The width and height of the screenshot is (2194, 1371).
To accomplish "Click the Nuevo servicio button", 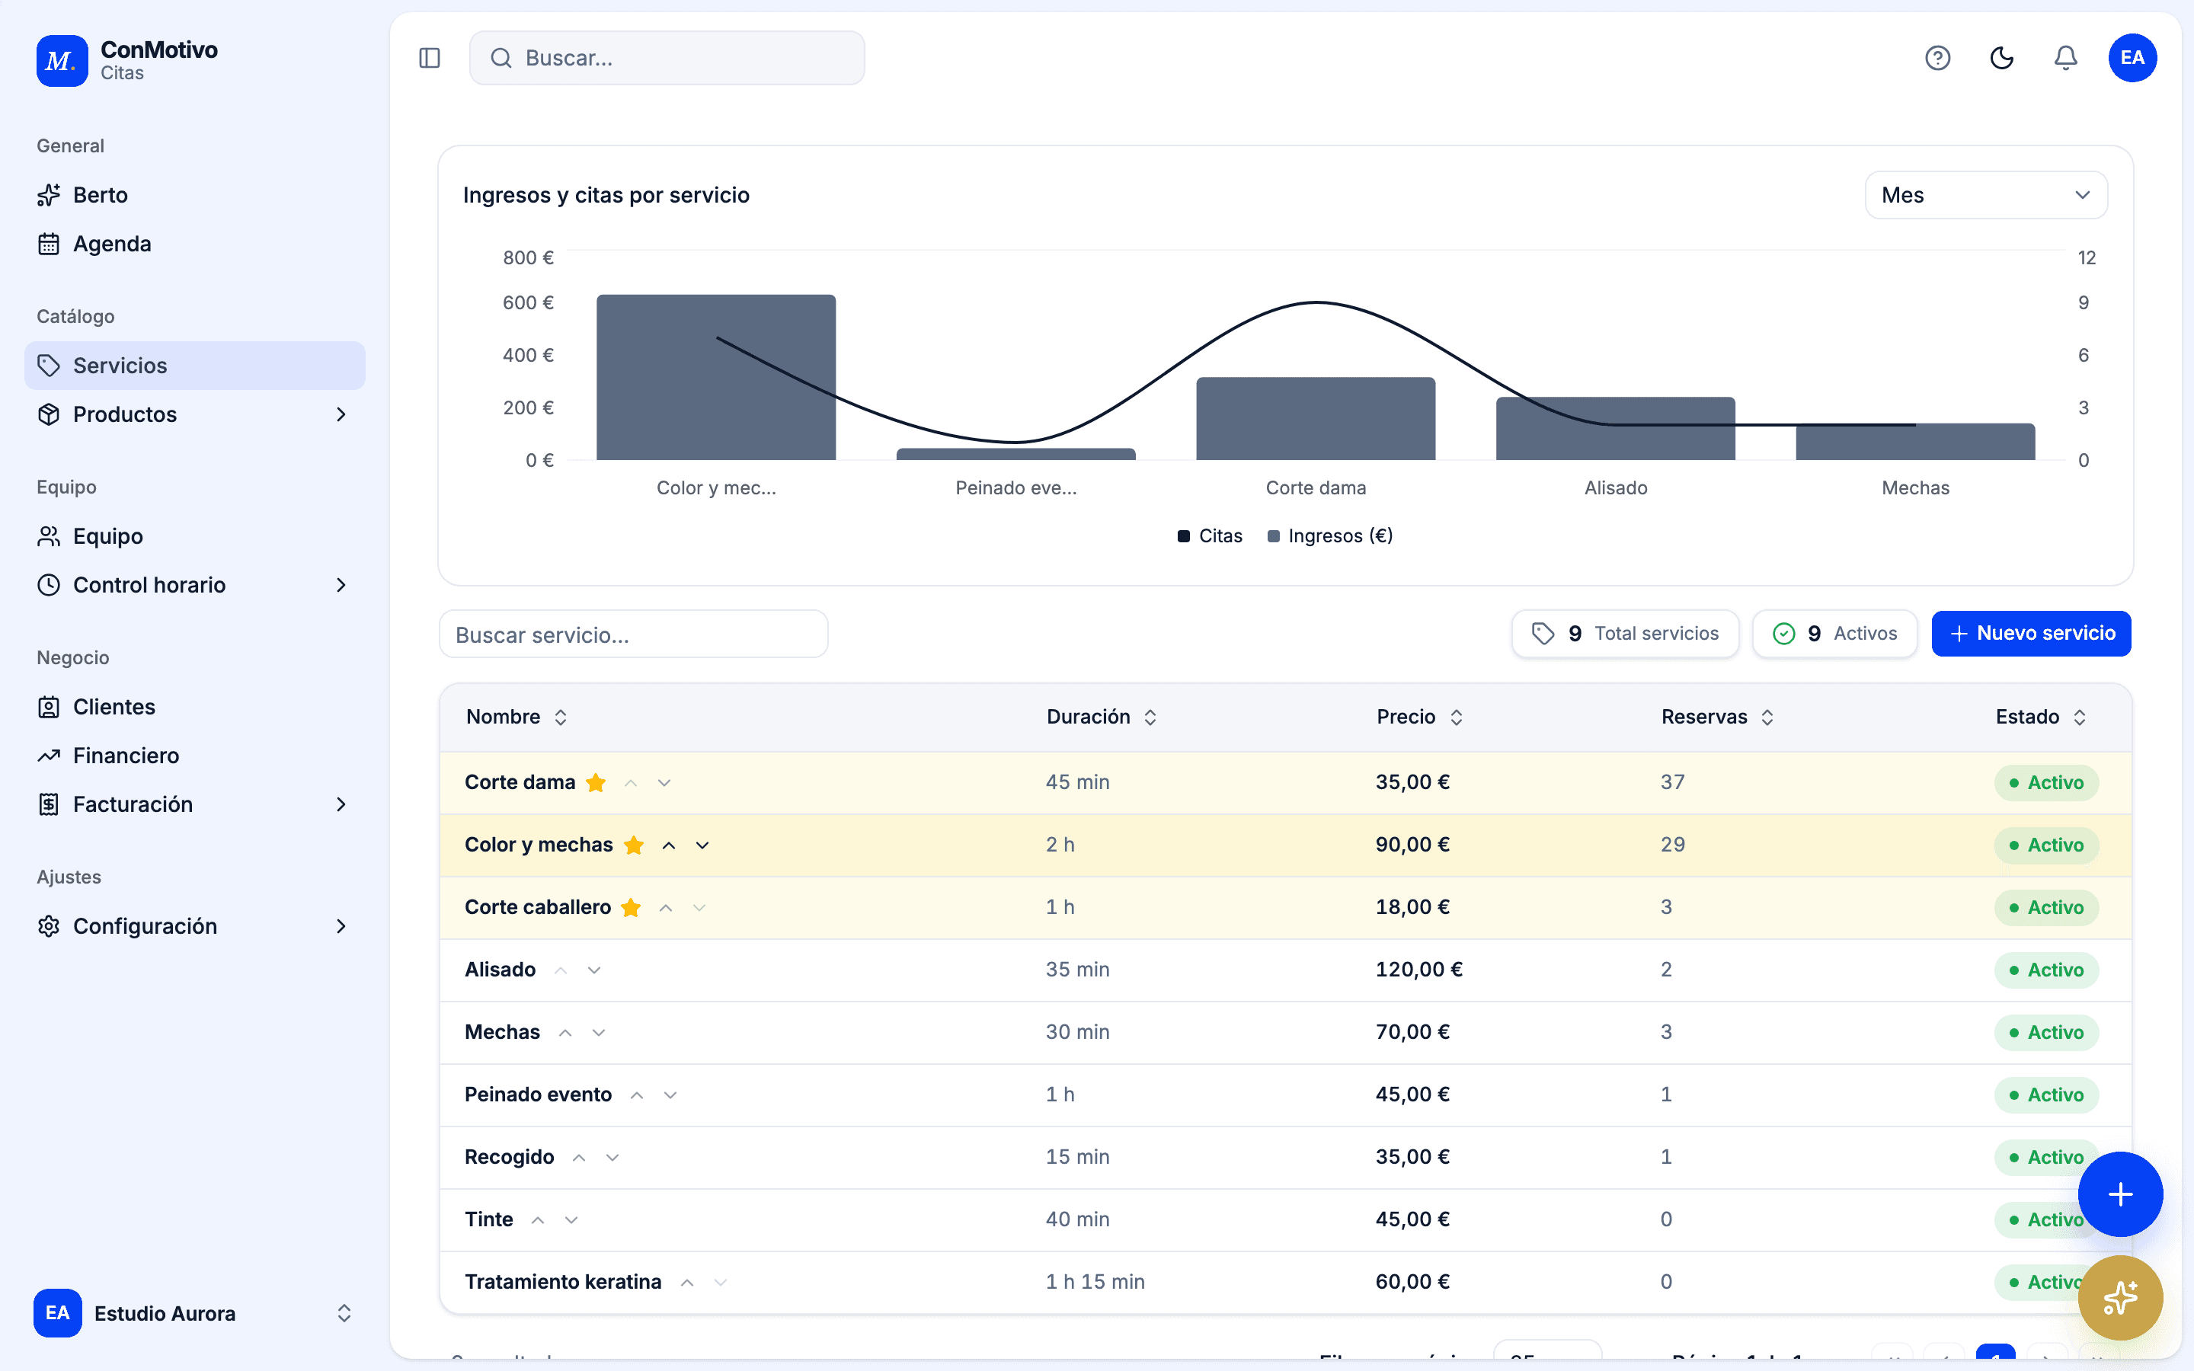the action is [x=2031, y=633].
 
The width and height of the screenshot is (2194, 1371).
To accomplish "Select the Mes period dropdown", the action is [x=1985, y=195].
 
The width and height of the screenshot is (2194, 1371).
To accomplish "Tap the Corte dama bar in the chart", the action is [x=1316, y=418].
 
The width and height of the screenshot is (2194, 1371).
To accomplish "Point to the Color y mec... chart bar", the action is [x=716, y=377].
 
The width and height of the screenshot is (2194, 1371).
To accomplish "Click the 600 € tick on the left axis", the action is [x=529, y=303].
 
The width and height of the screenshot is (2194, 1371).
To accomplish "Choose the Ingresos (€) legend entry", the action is [x=1330, y=536].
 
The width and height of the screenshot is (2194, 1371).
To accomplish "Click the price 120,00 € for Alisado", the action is [x=1418, y=970].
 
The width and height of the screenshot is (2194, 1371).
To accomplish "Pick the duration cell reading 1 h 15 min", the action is [x=1095, y=1281].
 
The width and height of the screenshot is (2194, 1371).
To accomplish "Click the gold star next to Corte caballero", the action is [x=631, y=908].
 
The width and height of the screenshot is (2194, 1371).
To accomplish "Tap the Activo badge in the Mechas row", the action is [x=2046, y=1032].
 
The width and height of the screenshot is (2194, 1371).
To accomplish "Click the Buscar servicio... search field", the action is [x=633, y=634].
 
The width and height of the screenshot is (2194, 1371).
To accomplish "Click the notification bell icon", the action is [x=2065, y=58].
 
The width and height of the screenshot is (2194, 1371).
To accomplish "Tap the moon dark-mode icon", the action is [x=2002, y=58].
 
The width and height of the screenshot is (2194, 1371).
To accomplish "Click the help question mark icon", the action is [x=1937, y=58].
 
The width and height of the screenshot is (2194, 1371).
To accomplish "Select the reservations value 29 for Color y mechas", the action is [x=1673, y=844].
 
